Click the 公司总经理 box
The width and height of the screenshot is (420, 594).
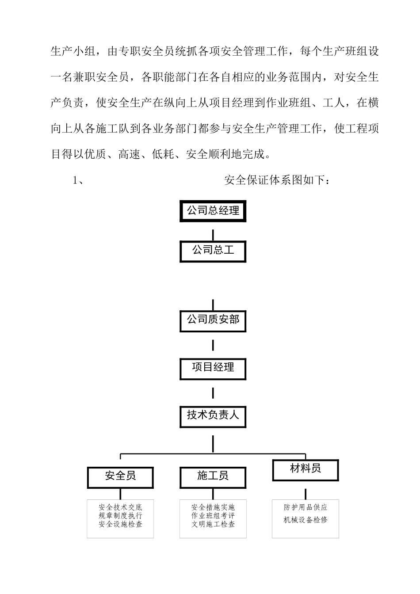(213, 211)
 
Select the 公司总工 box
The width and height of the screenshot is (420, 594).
(213, 251)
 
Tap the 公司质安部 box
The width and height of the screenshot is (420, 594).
(213, 320)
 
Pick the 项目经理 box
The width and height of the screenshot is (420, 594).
(213, 368)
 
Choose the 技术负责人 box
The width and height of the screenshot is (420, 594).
(213, 416)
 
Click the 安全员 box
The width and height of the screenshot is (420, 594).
(120, 477)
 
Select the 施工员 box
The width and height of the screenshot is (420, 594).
(213, 477)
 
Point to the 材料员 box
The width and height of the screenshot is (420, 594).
(305, 469)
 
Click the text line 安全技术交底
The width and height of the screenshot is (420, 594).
(120, 507)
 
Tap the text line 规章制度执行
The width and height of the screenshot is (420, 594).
(120, 516)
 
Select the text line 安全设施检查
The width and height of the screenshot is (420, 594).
(120, 525)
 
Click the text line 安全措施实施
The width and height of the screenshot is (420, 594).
(213, 507)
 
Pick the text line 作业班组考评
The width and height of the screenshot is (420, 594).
(213, 516)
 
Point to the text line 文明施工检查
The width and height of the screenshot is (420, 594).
(213, 525)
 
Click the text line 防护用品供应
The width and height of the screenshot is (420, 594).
(305, 507)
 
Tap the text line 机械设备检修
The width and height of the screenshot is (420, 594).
(305, 520)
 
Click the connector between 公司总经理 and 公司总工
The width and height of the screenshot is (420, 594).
(213, 234)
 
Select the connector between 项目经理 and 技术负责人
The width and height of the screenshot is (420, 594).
(213, 392)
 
